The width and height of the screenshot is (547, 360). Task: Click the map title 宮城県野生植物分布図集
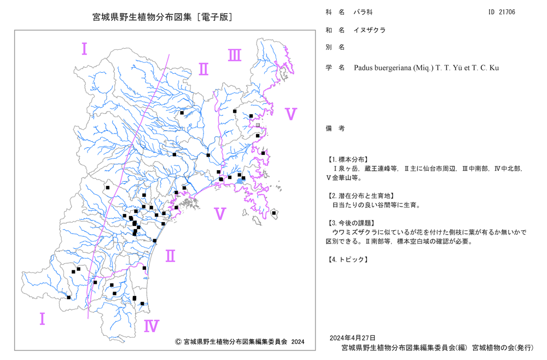(x=142, y=17)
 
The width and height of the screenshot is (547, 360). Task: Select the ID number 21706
(x=507, y=12)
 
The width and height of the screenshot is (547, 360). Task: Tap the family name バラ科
(x=363, y=12)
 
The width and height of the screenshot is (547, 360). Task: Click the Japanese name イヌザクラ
(x=369, y=30)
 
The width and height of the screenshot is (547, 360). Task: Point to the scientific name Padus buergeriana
(x=383, y=68)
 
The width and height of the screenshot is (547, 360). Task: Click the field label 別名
(x=335, y=48)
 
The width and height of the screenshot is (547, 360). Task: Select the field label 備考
(x=335, y=129)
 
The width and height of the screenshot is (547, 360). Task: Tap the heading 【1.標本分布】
(x=347, y=159)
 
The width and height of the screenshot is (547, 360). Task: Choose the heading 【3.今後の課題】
(x=351, y=223)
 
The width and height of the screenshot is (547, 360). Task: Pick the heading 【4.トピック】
(x=347, y=259)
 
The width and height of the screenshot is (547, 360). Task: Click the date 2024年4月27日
(x=352, y=338)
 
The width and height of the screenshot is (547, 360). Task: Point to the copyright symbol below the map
(x=178, y=342)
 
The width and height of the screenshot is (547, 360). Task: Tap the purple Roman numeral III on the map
(x=235, y=55)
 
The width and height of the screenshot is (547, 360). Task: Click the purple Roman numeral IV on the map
(x=152, y=326)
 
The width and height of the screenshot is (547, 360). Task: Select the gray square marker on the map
(x=258, y=125)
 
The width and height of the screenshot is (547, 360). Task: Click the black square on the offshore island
(x=274, y=213)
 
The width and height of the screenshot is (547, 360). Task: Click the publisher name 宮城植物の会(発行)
(x=503, y=348)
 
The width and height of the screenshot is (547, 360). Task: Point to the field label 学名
(x=335, y=68)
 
